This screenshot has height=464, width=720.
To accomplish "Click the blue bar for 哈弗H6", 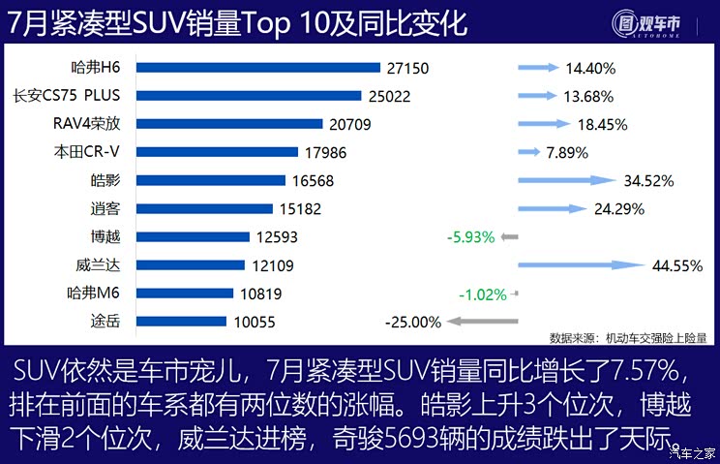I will point(257,68).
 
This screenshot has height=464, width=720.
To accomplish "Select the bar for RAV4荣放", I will point(228,124).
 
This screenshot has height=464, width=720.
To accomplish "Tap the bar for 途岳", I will point(181,321).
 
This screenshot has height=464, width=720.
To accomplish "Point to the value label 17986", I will point(326,152).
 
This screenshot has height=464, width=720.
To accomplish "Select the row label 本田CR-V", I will point(95,152).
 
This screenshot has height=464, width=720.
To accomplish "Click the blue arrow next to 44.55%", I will point(582,264).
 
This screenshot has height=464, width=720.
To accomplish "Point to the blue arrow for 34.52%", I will point(567,180).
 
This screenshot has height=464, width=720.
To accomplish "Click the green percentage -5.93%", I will point(470,236).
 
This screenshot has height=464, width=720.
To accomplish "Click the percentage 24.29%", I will point(619,208).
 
